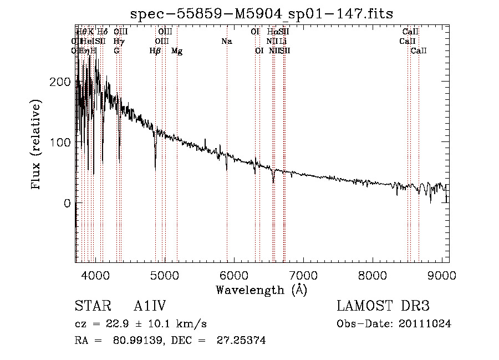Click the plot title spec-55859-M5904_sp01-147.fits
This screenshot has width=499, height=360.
click(262, 14)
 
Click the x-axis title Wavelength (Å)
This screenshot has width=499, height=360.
click(262, 290)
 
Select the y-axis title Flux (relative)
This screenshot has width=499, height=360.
click(37, 145)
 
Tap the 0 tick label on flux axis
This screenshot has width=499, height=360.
click(68, 204)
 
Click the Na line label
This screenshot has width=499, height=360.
click(226, 41)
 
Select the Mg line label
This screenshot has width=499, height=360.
click(177, 51)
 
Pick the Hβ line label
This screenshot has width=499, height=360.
click(155, 51)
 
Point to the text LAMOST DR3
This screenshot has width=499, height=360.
click(383, 306)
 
